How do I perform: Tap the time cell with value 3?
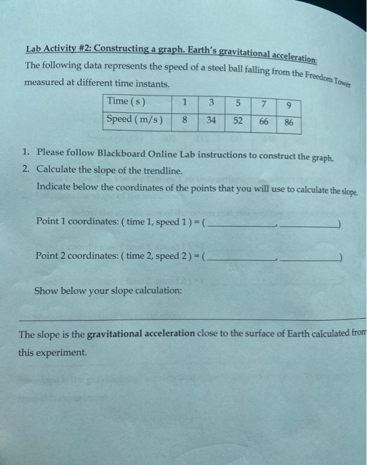pyautogui.click(x=211, y=103)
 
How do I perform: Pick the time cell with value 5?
pyautogui.click(x=237, y=104)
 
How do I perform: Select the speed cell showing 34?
pyautogui.click(x=211, y=120)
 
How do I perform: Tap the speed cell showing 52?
pyautogui.click(x=237, y=122)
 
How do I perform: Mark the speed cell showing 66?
pyautogui.click(x=263, y=122)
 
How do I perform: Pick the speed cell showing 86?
pyautogui.click(x=288, y=124)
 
